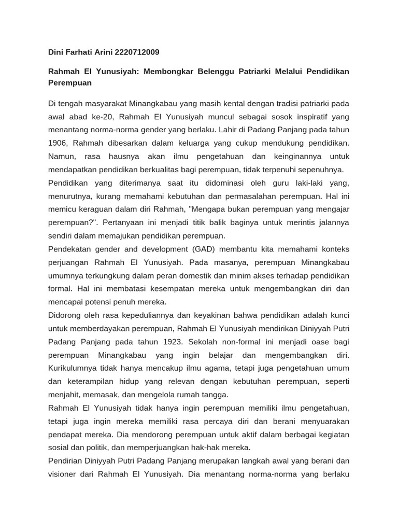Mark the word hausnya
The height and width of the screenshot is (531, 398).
[121, 156]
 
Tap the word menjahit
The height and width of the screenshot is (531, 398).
[64, 395]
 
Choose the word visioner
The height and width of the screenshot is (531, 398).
[63, 474]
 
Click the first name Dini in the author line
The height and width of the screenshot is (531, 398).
[56, 52]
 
